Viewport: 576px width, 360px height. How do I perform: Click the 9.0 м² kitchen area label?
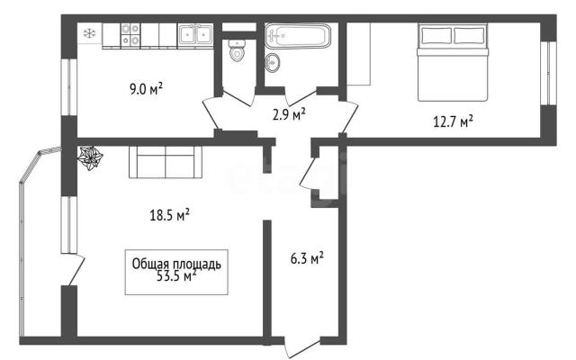(x=146, y=88)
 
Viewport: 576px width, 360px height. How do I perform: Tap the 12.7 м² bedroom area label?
(x=453, y=121)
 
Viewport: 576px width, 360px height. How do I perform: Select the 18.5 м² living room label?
(x=169, y=214)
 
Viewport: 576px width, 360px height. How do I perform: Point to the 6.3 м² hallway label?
(x=307, y=258)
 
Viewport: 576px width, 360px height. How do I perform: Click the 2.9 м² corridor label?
(x=289, y=114)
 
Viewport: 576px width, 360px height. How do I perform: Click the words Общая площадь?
(x=176, y=264)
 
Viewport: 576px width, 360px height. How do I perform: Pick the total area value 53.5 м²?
(x=176, y=275)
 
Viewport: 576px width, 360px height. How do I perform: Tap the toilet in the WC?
(x=237, y=50)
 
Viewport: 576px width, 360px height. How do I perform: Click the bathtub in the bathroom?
(x=298, y=36)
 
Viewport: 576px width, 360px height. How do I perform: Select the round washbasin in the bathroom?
(x=272, y=63)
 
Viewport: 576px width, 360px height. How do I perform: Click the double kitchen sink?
(x=196, y=34)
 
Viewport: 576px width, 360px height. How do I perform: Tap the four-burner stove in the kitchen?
(x=130, y=35)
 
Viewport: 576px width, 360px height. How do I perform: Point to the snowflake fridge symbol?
(x=89, y=34)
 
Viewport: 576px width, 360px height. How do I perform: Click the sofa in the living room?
(x=166, y=162)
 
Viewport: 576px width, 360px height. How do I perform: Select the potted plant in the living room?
(x=90, y=157)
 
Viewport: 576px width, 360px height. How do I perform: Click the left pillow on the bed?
(x=436, y=36)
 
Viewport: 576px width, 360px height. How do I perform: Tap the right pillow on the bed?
(x=469, y=36)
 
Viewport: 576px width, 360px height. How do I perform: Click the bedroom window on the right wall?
(x=548, y=73)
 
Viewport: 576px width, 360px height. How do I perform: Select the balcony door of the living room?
(x=76, y=269)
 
